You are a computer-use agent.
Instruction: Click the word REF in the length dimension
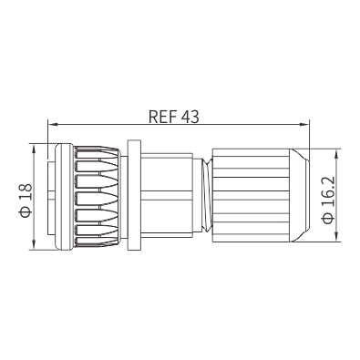pos(163,117)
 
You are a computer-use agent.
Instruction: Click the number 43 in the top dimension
pos(190,117)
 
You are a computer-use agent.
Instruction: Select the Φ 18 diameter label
pos(26,201)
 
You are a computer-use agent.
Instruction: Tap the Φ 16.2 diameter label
pos(328,200)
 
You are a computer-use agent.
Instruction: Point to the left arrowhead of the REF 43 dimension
pos(53,124)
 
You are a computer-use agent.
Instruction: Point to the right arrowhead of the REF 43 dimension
pos(304,124)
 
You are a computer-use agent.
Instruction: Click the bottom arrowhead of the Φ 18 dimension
pos(34,245)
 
